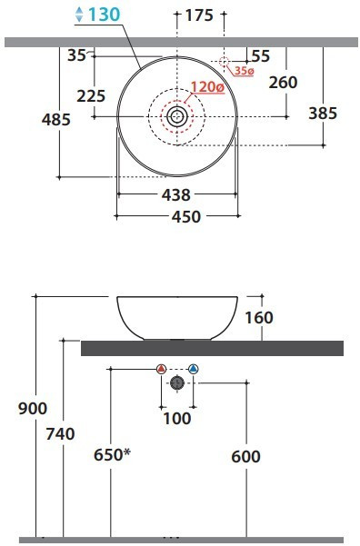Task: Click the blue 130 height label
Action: [x=104, y=15]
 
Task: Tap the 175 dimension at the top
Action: [x=199, y=15]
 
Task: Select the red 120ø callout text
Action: [x=207, y=86]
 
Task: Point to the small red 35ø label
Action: [x=244, y=71]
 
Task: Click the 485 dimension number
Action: [x=56, y=119]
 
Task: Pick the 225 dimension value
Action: [x=91, y=96]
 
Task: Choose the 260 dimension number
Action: [x=283, y=82]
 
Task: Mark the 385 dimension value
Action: [x=323, y=114]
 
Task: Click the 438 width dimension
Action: [x=176, y=195]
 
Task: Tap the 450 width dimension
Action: [x=186, y=216]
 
